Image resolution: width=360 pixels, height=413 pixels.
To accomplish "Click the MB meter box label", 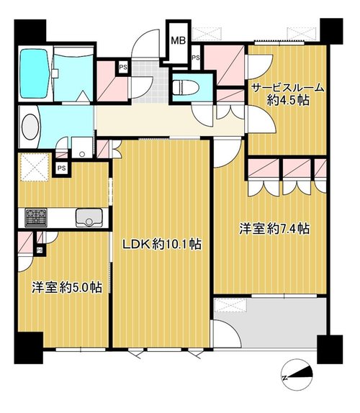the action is click(179, 40).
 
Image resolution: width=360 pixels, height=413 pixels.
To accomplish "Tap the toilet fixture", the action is click(186, 87).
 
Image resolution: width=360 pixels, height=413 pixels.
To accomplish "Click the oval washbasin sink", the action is click(30, 127).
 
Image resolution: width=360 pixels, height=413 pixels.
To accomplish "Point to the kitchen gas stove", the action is click(36, 218).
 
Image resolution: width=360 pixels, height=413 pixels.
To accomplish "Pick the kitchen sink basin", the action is click(89, 218).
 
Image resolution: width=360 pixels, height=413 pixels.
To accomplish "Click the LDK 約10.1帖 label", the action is click(161, 244).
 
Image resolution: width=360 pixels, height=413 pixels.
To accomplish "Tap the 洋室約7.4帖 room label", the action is click(274, 229).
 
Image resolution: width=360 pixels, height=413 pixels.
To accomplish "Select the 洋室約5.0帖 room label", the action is click(67, 287).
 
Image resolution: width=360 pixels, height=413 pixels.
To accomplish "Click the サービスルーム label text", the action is click(287, 88).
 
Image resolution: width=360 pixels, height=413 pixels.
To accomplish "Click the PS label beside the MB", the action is click(196, 58).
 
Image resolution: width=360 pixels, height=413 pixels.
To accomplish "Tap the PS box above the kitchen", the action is click(62, 168).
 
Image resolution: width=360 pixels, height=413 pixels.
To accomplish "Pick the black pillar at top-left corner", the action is click(30, 31).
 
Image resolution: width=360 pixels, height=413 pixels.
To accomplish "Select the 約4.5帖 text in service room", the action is click(288, 100).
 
